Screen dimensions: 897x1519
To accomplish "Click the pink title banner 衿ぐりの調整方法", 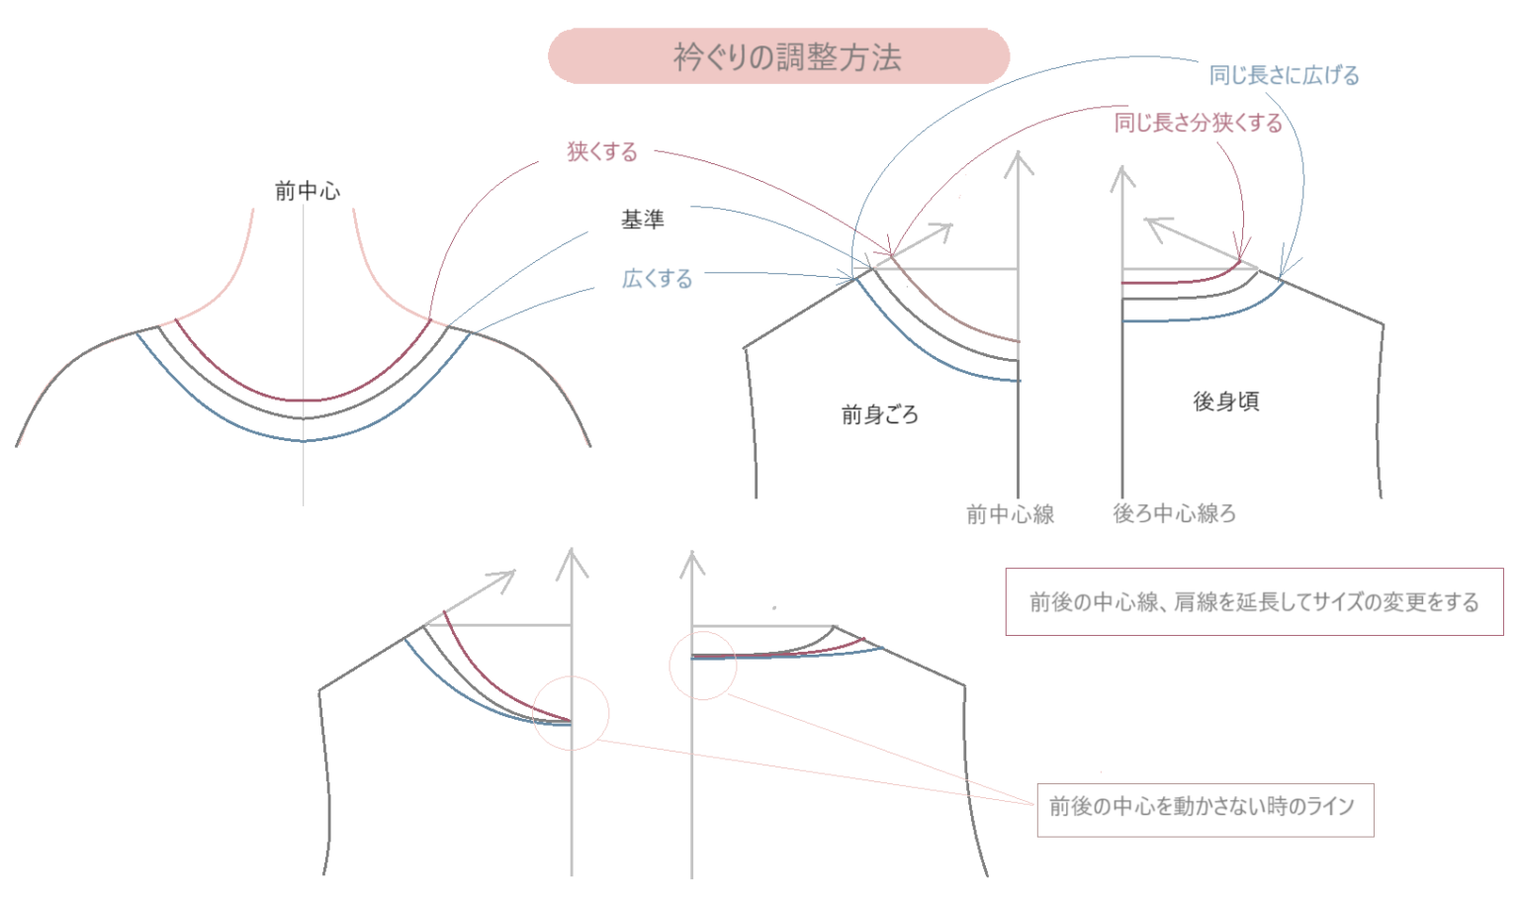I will pos(778,56).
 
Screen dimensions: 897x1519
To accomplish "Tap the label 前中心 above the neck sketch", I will pos(307,191).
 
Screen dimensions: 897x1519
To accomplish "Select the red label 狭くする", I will pos(601,151).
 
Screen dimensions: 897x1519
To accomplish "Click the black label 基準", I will pos(642,220).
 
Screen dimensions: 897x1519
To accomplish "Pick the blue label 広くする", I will pos(657,279).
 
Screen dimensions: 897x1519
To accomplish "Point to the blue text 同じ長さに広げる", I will pos(1284,75).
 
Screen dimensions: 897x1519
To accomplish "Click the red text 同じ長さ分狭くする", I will pos(1198,123).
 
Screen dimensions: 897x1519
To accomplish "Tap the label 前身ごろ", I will pos(879,414).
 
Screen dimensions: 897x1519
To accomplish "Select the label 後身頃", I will pos(1225,401).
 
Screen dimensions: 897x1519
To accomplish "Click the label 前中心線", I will pos(1010,514).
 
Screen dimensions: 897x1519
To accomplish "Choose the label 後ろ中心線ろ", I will pos(1174,513).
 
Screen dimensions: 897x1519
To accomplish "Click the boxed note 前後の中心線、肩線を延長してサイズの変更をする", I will pos(1254,601).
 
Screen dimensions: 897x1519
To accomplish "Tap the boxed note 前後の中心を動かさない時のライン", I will pos(1205,807).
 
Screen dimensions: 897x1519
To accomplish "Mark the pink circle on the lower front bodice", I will pos(571,713).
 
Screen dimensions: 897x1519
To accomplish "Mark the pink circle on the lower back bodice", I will pos(703,666).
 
